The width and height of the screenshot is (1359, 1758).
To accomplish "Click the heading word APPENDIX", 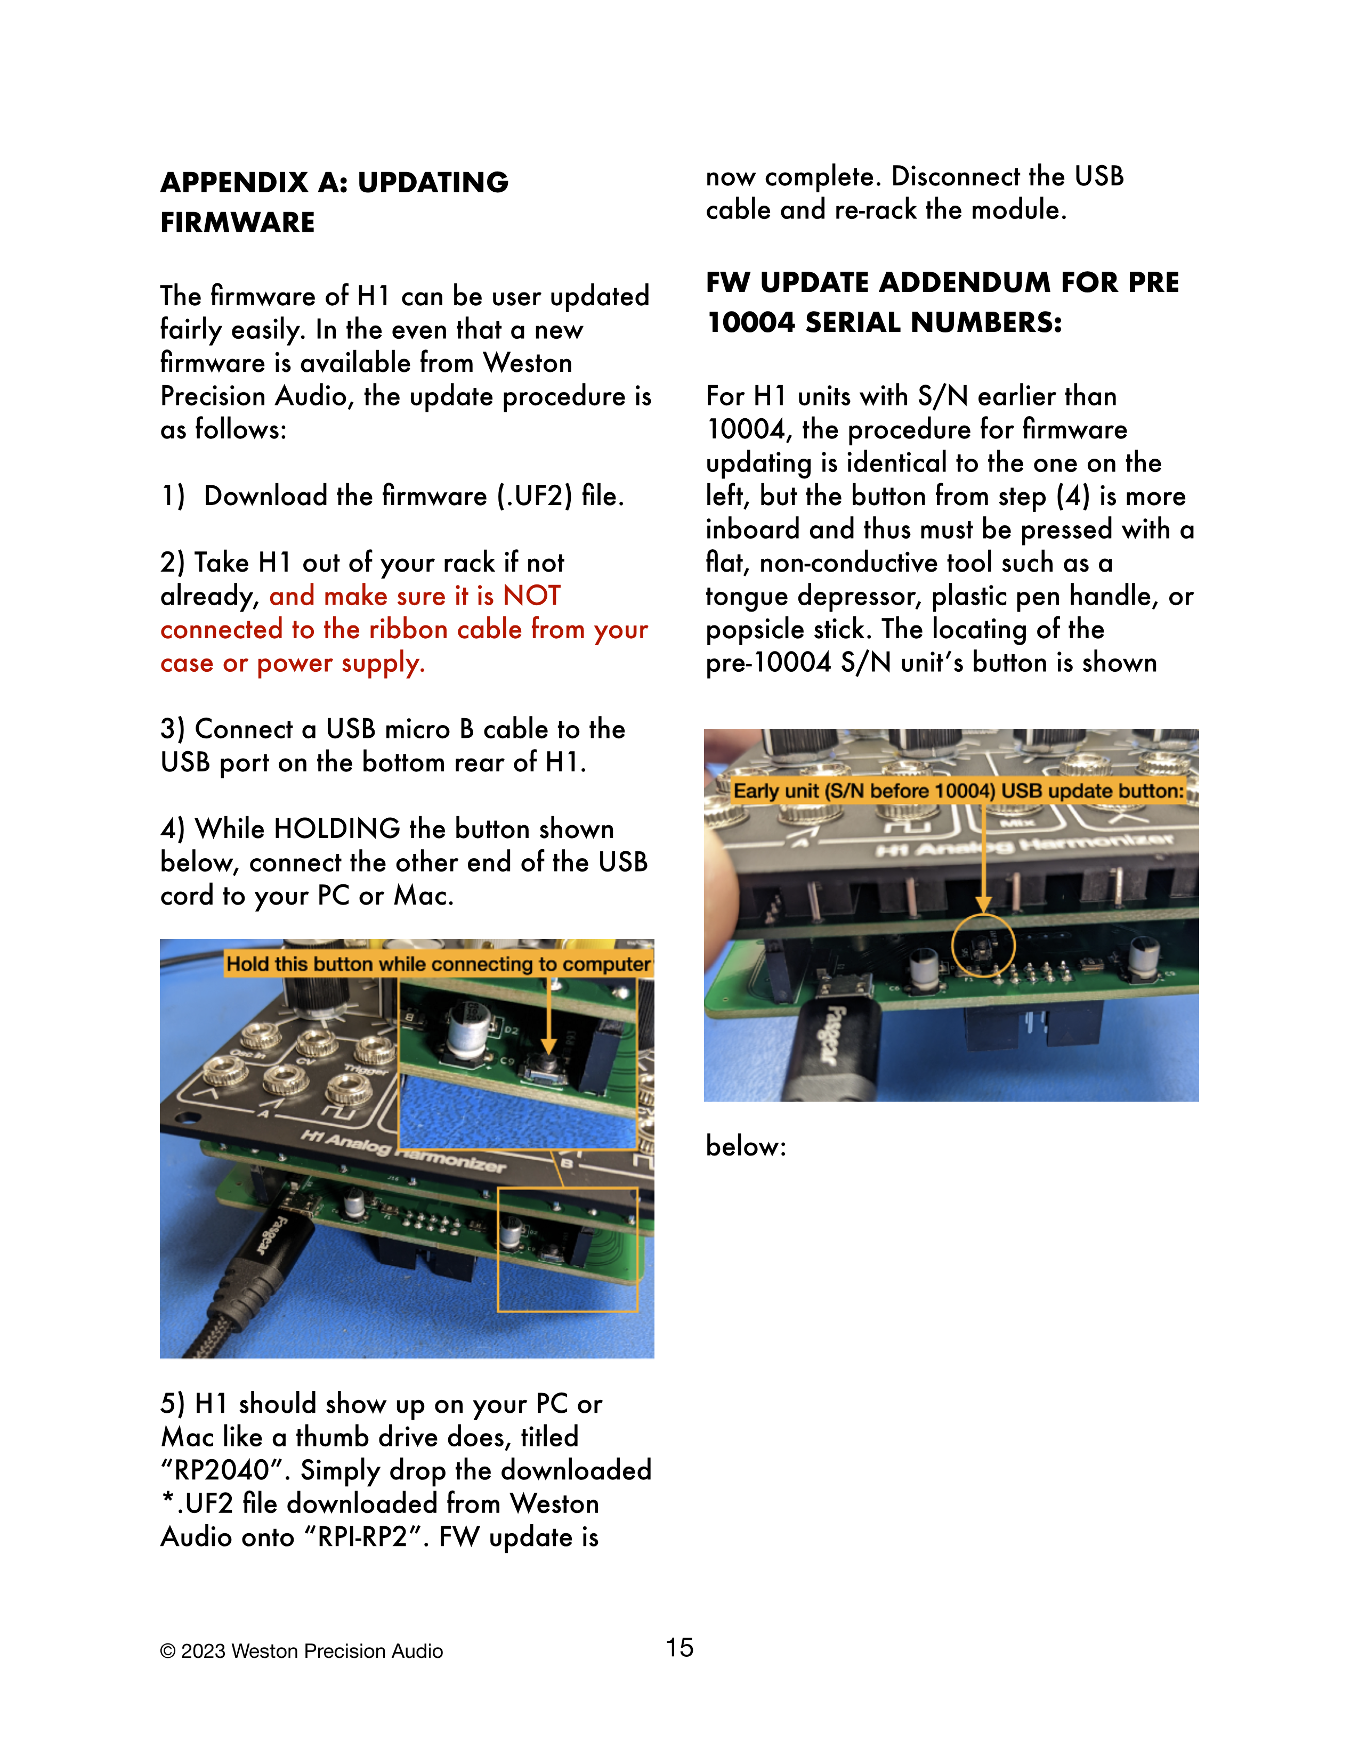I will [233, 183].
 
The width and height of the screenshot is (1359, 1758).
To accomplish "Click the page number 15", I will [679, 1648].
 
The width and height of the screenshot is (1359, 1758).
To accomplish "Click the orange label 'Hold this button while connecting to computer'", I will [437, 964].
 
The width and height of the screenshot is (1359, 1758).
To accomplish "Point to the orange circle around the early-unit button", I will [983, 945].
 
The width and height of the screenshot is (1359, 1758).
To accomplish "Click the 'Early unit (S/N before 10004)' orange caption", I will [958, 791].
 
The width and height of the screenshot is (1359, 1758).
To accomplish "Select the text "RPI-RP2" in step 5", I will [362, 1537].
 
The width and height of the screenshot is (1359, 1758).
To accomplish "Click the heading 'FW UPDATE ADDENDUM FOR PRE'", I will [942, 282].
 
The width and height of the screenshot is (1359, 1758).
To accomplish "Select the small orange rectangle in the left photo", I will [567, 1249].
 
